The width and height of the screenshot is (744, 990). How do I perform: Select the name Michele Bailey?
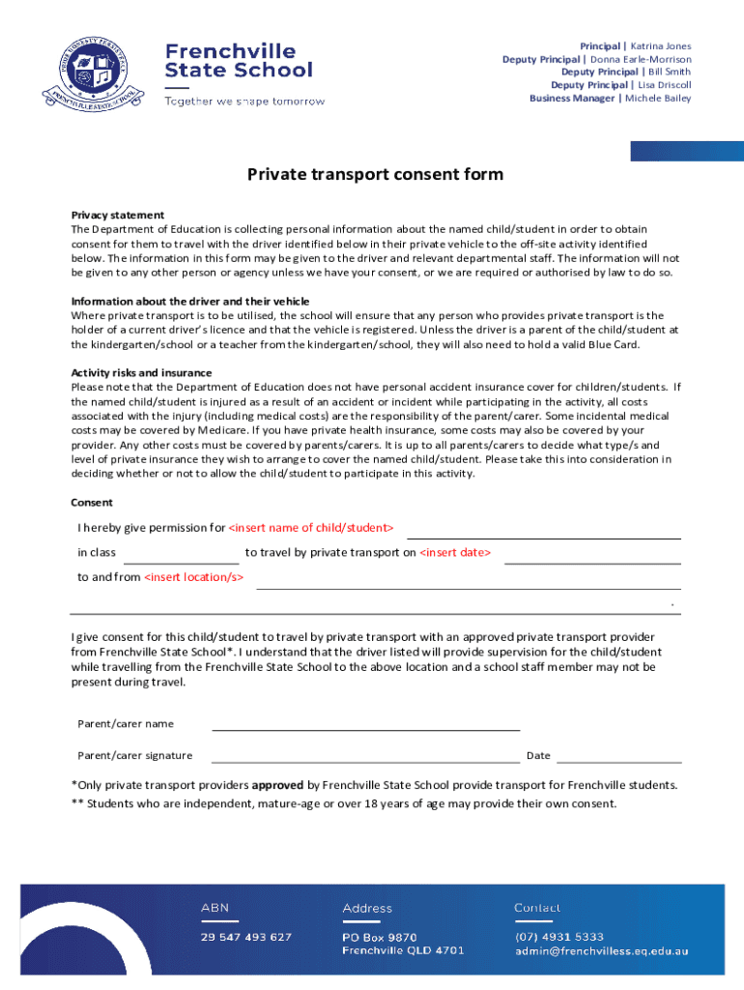[x=658, y=99]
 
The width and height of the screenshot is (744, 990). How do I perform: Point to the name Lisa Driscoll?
[x=665, y=85]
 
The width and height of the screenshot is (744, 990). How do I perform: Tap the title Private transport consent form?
[x=375, y=175]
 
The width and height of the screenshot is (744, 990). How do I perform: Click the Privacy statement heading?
[x=118, y=215]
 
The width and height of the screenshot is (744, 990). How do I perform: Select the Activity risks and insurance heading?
[x=141, y=373]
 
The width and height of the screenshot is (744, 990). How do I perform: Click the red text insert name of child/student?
[x=311, y=528]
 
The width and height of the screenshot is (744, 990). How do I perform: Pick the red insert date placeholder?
[x=456, y=553]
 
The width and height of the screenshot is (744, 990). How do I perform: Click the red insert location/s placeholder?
[x=194, y=578]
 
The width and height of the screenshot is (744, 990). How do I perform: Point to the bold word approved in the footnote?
[x=278, y=785]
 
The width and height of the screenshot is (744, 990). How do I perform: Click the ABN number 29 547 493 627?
[x=245, y=937]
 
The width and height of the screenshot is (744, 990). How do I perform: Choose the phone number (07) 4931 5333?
[x=558, y=937]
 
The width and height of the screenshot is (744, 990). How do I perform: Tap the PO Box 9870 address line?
[x=380, y=937]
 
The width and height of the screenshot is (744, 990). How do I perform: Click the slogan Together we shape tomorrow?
[x=244, y=102]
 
